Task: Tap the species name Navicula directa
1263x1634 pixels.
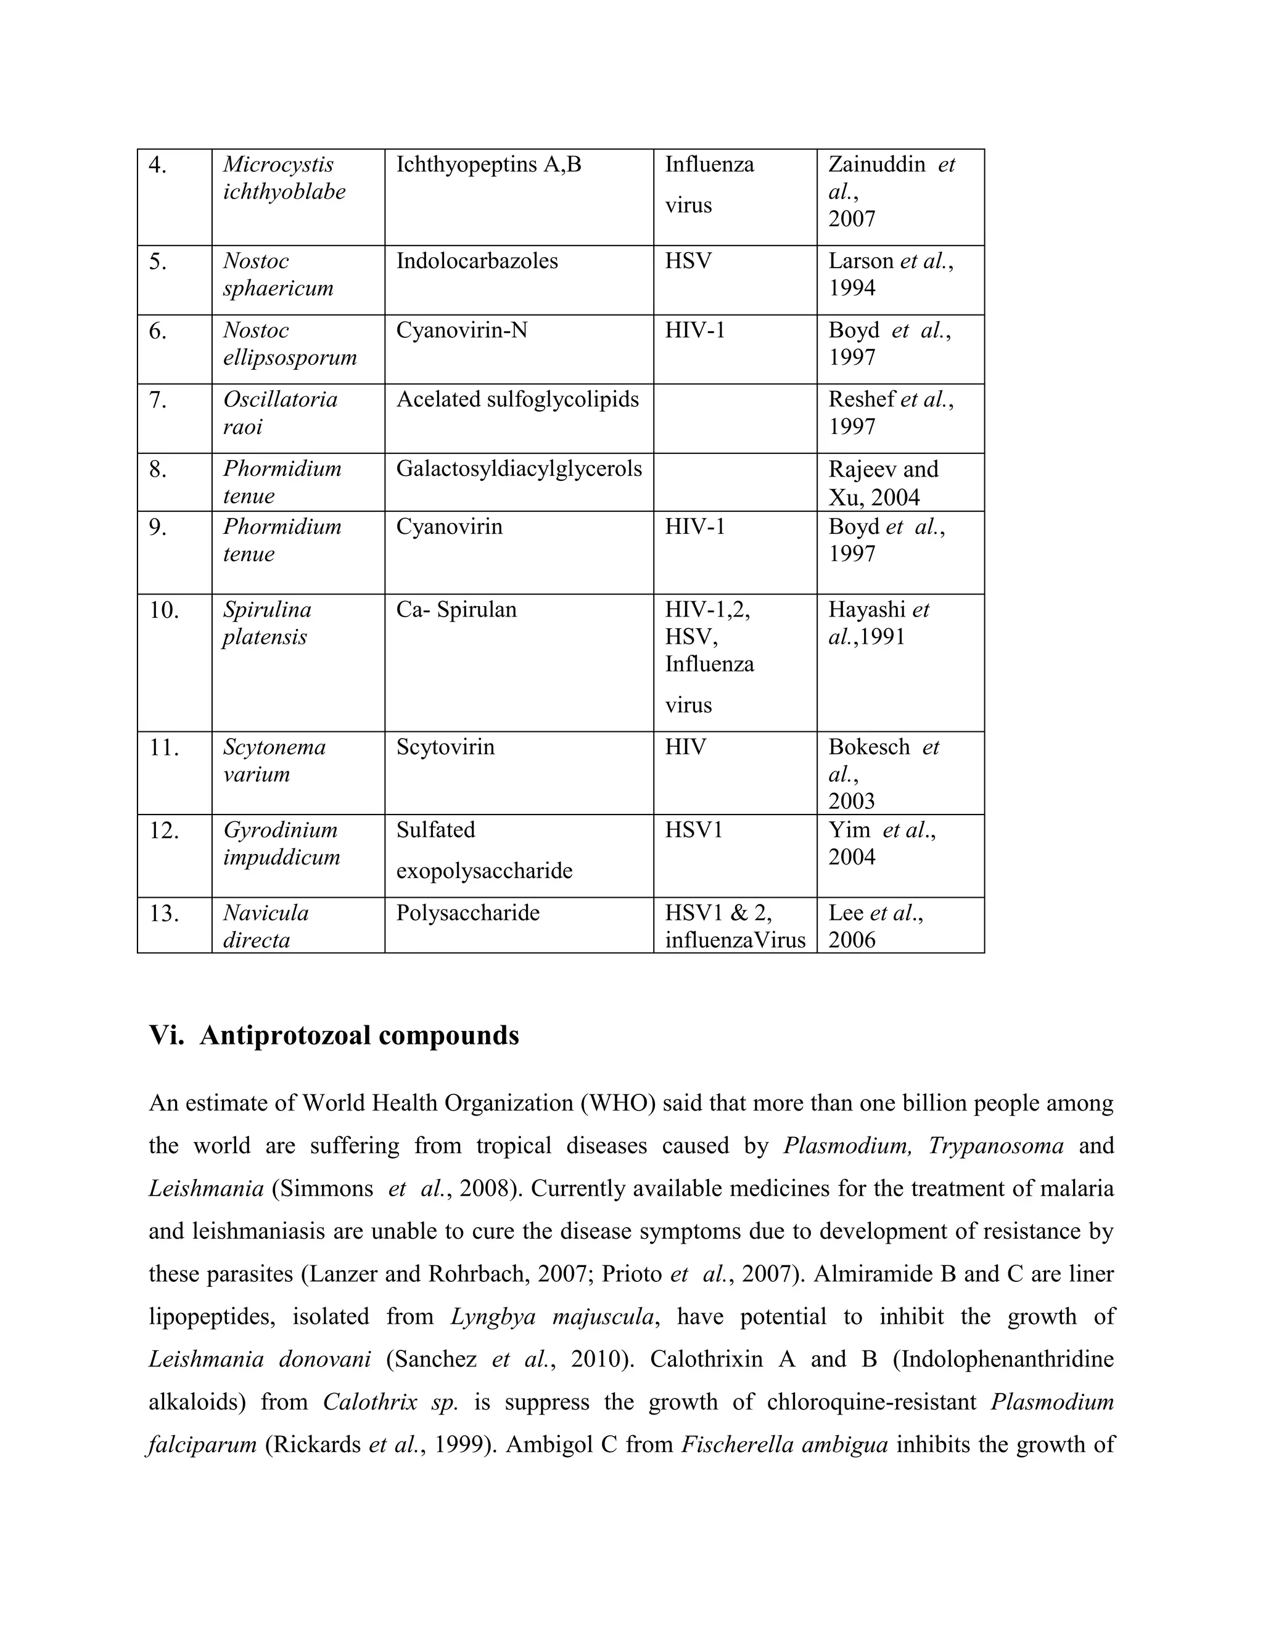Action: point(266,926)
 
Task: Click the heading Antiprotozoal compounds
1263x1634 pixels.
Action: point(359,1035)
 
